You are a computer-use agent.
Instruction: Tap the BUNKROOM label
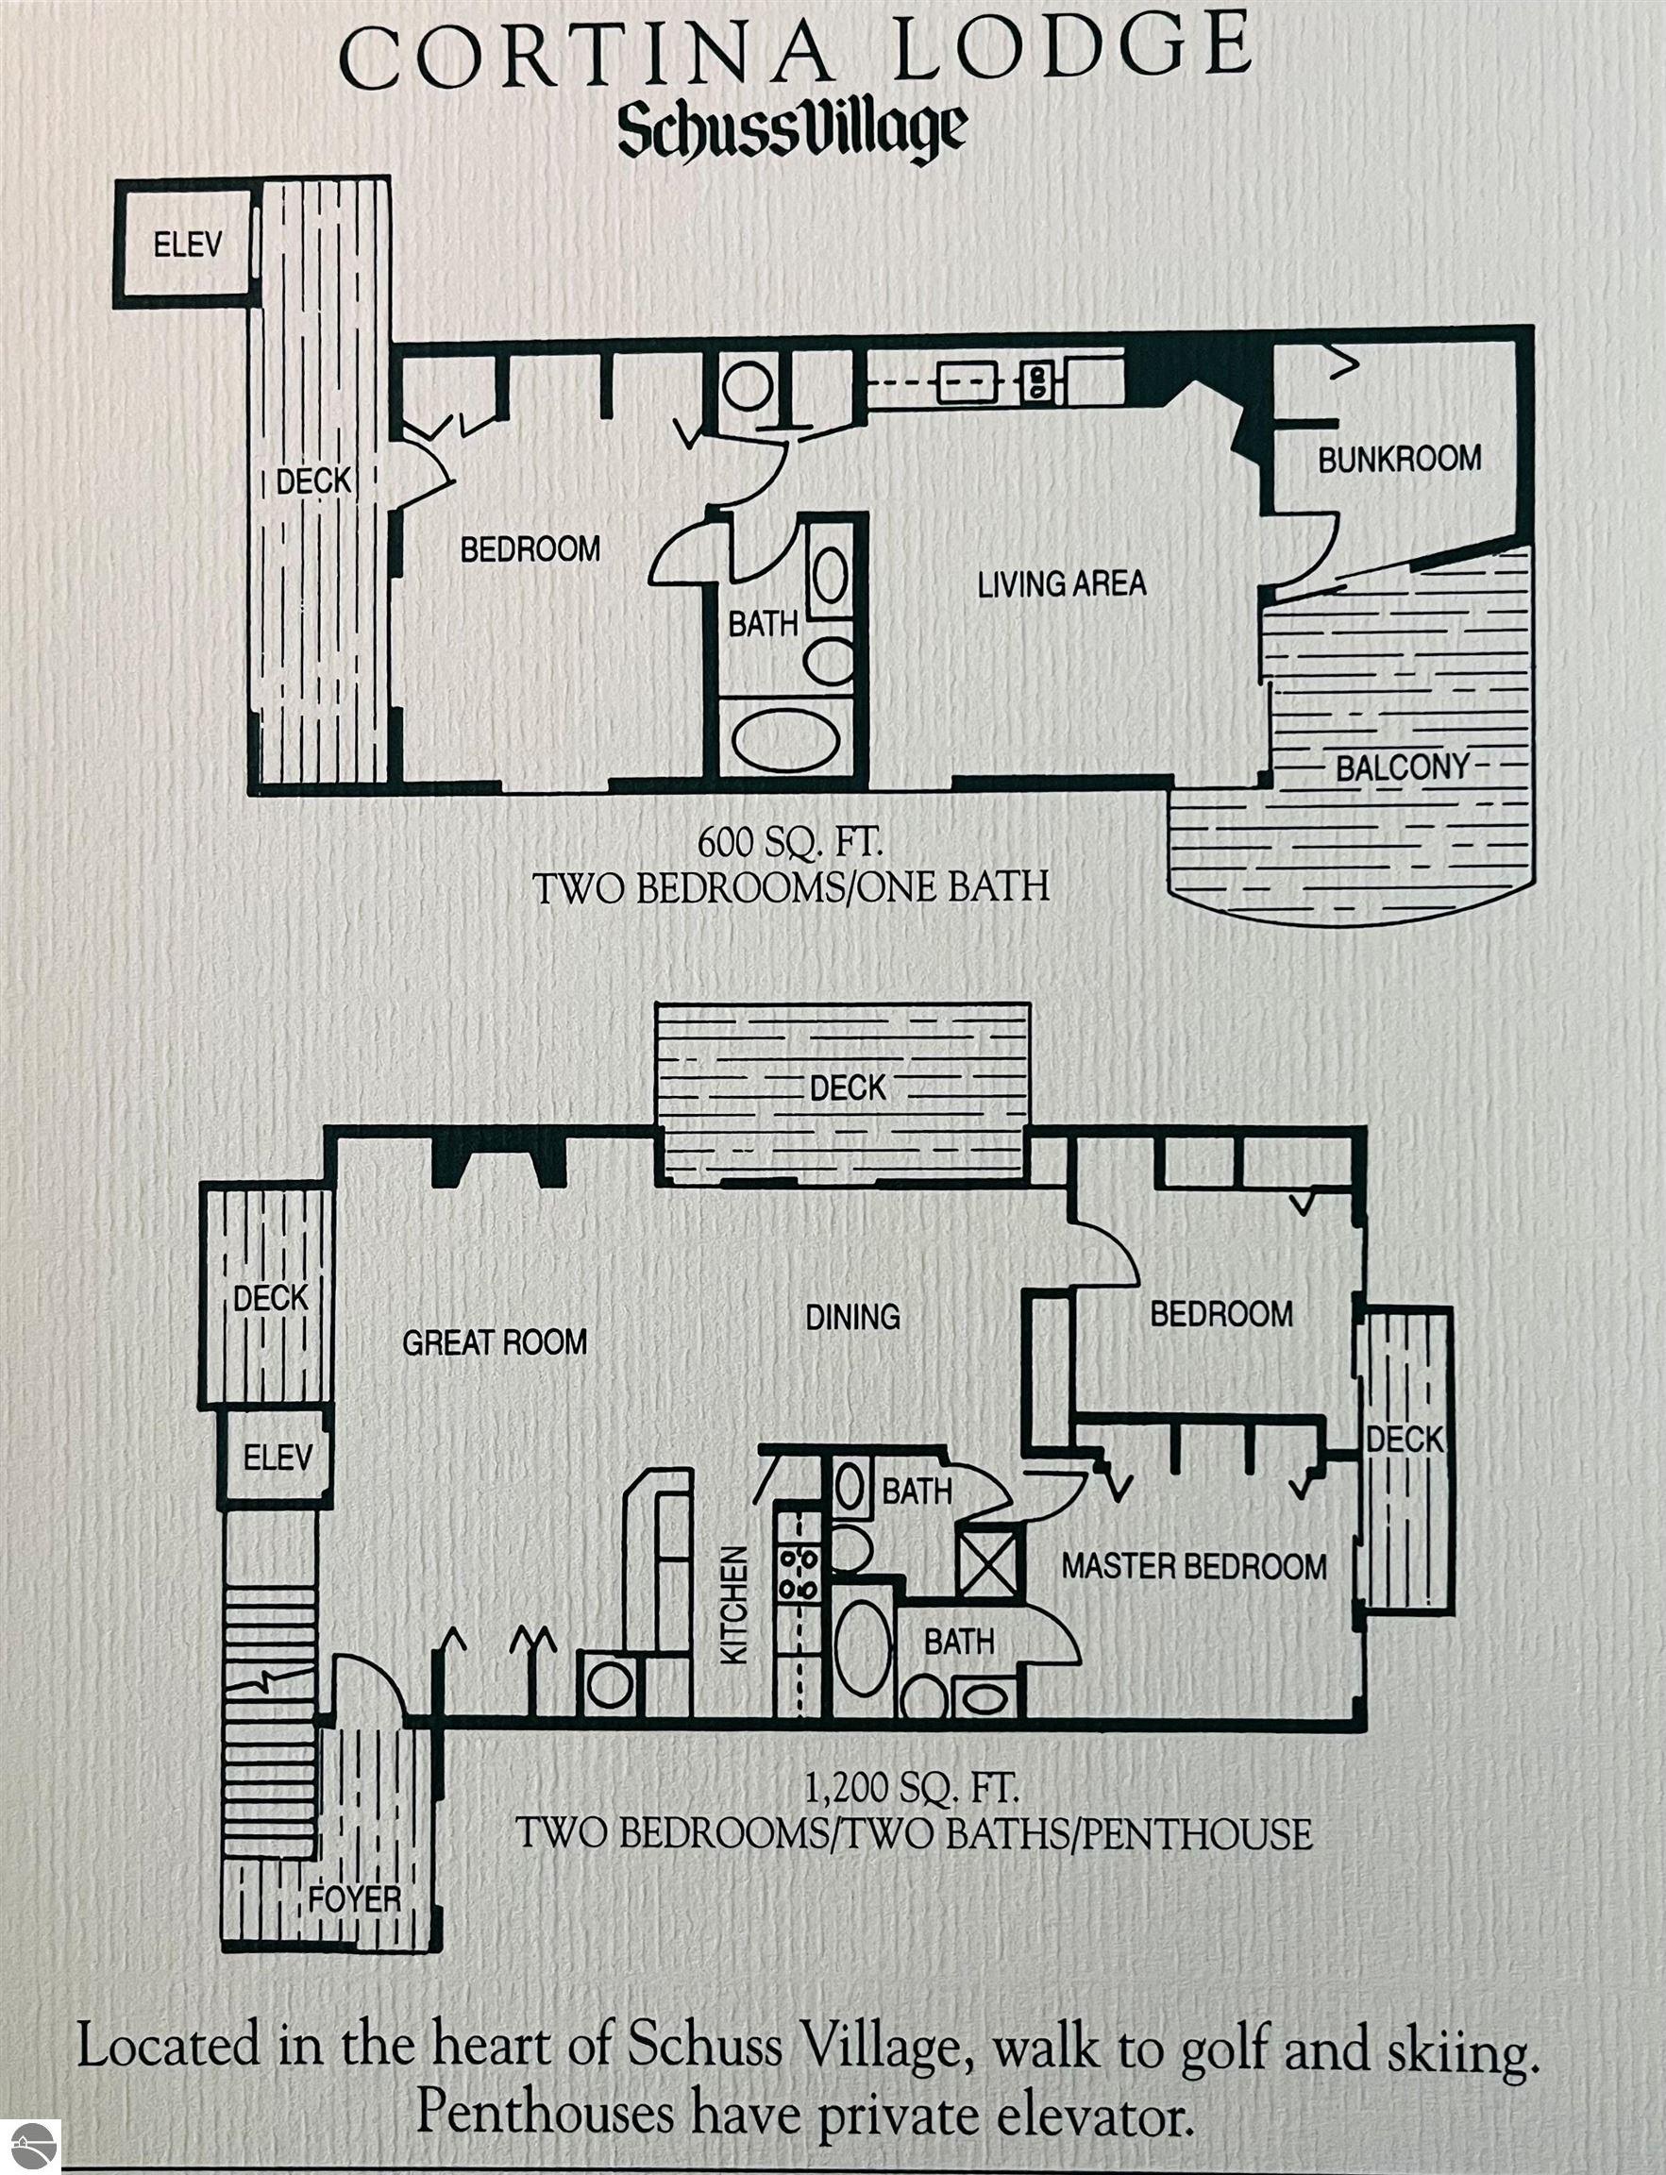click(x=1399, y=459)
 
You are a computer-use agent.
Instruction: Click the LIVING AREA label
click(x=1062, y=583)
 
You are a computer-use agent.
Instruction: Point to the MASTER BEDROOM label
click(x=1194, y=1566)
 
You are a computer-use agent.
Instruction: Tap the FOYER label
click(x=354, y=1900)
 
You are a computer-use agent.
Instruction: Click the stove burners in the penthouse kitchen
click(x=799, y=1575)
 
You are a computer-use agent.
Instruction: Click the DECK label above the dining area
click(x=847, y=1088)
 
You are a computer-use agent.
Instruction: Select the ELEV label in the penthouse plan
click(x=278, y=1457)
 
